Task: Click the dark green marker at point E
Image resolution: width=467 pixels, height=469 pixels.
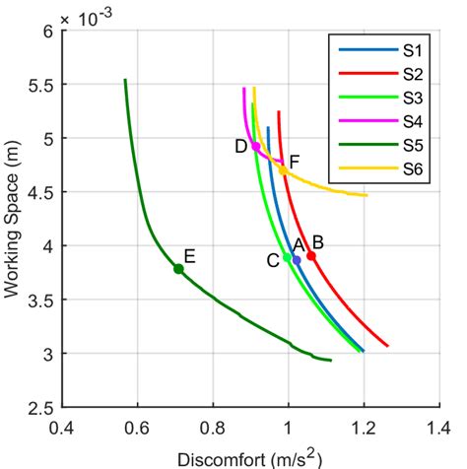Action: [x=178, y=269]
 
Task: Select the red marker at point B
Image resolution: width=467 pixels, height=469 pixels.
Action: [x=311, y=255]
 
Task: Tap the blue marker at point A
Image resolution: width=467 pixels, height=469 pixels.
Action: [x=297, y=260]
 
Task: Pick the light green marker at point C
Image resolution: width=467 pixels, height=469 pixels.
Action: [x=287, y=257]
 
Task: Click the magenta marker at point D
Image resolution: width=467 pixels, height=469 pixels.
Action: [x=256, y=147]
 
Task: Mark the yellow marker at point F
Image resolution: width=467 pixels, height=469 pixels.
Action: [x=283, y=169]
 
